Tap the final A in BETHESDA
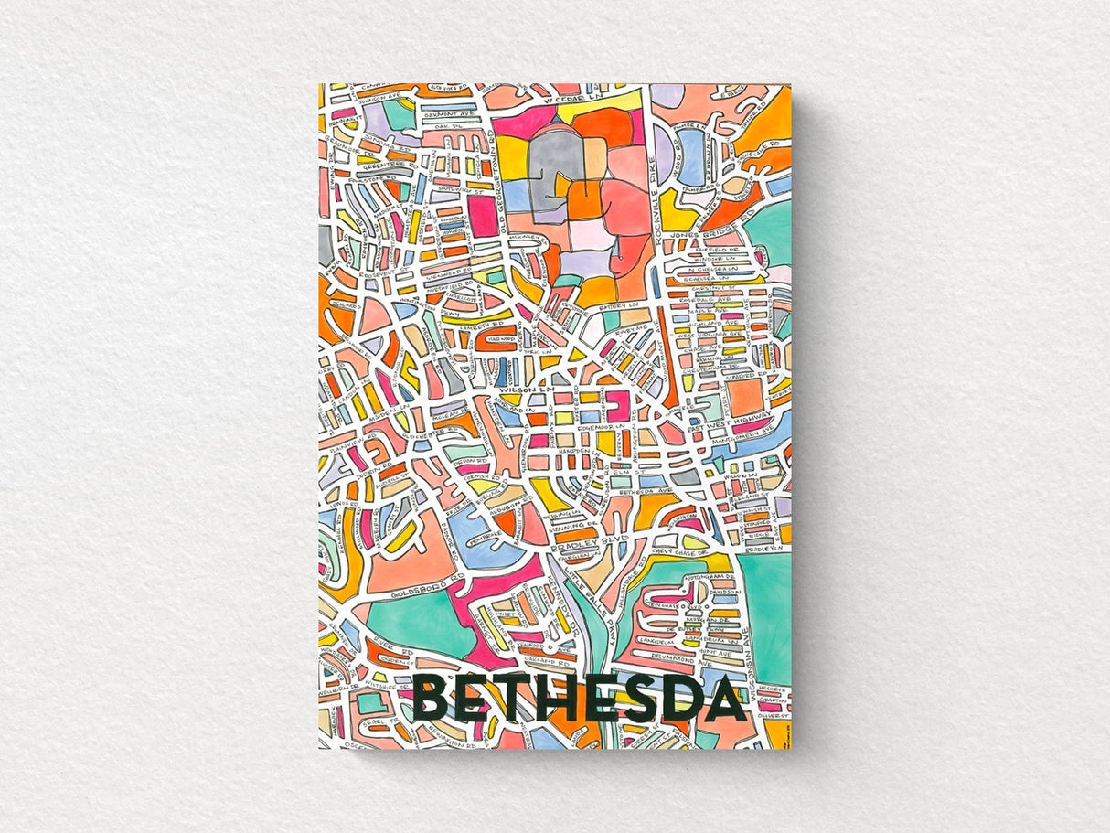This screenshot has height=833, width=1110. click(723, 700)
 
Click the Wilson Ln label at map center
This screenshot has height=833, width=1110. click(516, 390)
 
